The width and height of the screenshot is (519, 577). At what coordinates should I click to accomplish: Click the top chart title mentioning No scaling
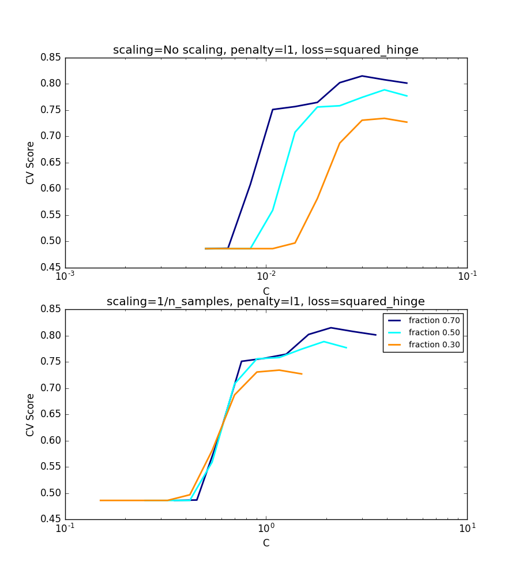[x=266, y=50]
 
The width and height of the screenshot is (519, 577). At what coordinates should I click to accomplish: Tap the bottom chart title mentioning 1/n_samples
[x=266, y=301]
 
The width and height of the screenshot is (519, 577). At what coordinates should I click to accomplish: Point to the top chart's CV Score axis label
[x=31, y=163]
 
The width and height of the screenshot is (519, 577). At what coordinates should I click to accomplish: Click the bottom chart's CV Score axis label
[x=31, y=414]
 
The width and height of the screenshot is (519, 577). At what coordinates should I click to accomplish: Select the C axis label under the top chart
[x=266, y=291]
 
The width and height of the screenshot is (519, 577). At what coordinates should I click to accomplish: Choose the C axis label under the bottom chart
[x=266, y=543]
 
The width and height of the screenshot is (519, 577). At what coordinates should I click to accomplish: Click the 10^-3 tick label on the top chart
[x=65, y=276]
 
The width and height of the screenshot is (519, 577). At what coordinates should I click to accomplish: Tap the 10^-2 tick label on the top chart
[x=266, y=276]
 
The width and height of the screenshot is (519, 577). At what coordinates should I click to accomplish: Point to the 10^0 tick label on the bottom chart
[x=266, y=528]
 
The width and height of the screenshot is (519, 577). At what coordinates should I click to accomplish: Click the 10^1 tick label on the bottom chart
[x=467, y=528]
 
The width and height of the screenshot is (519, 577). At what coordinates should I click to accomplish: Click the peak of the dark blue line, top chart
[x=362, y=76]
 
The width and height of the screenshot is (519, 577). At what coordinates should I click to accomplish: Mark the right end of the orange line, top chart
[x=407, y=122]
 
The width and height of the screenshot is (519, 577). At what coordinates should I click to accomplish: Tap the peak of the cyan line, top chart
[x=385, y=89]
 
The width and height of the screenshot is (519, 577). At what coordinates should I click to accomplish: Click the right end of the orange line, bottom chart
[x=302, y=374]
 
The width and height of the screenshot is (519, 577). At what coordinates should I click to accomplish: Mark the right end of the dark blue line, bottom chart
[x=376, y=335]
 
